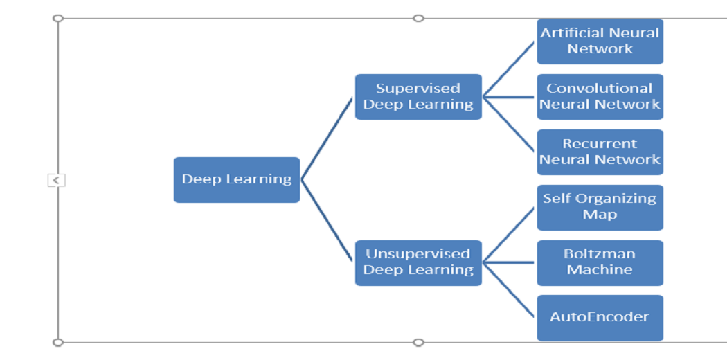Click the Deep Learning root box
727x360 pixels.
tap(236, 179)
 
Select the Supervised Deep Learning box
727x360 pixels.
tap(418, 97)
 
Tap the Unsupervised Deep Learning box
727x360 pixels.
tap(418, 262)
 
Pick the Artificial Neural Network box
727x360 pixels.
tap(600, 42)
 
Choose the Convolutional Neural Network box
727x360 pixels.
tap(600, 97)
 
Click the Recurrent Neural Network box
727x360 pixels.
tap(600, 152)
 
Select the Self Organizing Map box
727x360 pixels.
tap(600, 207)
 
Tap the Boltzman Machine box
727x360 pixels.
tap(600, 262)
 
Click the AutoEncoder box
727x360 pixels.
tap(600, 318)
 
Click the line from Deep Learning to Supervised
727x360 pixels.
tap(327, 138)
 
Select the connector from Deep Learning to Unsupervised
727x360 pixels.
tap(327, 221)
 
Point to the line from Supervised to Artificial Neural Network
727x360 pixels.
tap(509, 69)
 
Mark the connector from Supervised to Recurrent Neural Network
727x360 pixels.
tap(509, 125)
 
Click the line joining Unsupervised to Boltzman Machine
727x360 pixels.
tap(509, 262)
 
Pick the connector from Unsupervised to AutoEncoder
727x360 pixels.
tap(509, 290)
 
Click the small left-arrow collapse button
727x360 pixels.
tap(56, 180)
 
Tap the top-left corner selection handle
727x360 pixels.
tap(58, 18)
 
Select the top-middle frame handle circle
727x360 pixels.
tap(418, 18)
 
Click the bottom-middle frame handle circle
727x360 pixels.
tap(418, 342)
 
